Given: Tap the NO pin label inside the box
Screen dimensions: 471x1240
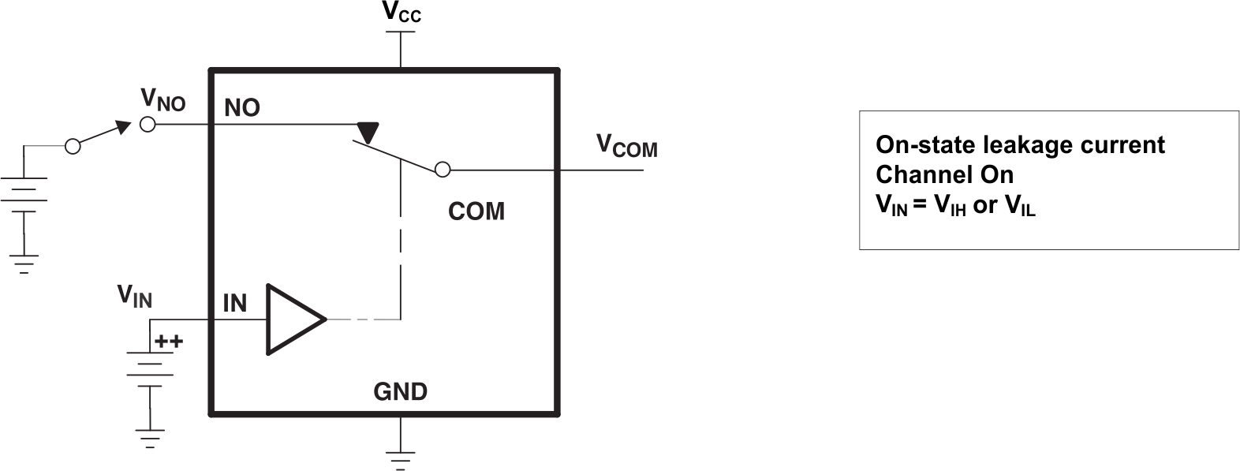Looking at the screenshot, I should [x=242, y=108].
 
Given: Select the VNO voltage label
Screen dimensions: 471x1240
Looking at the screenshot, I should [x=162, y=99].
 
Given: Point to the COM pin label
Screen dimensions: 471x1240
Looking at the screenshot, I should [x=476, y=211].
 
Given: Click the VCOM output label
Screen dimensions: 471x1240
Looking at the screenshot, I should [x=626, y=146].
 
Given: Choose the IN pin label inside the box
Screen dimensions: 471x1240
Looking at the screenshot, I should [x=235, y=303].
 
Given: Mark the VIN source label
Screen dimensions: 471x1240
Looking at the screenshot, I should [x=135, y=296].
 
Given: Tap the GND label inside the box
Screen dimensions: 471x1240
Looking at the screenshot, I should [x=400, y=391].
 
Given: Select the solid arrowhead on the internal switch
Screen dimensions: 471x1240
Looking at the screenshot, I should [x=367, y=133].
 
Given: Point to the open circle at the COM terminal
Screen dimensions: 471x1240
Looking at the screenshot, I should [x=443, y=169].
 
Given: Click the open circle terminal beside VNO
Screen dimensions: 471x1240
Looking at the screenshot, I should [x=148, y=125].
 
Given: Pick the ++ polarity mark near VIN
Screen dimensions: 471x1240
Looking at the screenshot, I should [x=169, y=342].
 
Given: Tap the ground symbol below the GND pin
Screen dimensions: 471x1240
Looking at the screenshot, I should [x=401, y=458].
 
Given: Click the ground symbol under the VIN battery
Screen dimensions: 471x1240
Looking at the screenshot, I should [x=150, y=437].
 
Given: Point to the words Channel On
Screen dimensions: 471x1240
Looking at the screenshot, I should [x=944, y=174].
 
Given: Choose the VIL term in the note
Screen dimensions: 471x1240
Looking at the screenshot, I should [x=1019, y=206].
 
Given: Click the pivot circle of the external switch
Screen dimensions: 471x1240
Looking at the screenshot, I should [x=73, y=146].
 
